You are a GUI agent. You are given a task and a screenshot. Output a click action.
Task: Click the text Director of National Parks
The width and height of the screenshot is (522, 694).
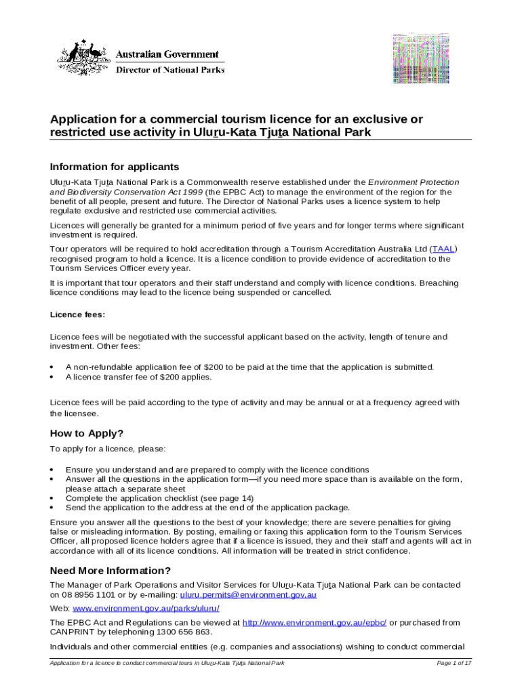pos(169,69)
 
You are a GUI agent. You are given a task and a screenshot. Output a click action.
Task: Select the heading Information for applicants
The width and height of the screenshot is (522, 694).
pos(115,167)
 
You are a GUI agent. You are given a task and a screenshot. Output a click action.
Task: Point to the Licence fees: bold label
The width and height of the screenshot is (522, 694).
pos(78,314)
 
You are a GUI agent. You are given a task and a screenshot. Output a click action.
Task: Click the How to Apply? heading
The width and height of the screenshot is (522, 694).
pos(87,434)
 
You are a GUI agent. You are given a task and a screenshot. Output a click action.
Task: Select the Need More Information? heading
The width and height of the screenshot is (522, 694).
pos(111,570)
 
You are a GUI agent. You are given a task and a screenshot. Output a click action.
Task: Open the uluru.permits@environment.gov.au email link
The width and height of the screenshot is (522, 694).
pos(247,594)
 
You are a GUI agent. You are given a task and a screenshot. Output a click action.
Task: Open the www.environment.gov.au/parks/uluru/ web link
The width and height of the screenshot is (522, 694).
pos(136,608)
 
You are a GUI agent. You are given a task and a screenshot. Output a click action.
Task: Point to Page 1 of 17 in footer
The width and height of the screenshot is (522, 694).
pos(454,663)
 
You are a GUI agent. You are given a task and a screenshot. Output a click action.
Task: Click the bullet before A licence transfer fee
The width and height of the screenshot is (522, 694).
pos(52,377)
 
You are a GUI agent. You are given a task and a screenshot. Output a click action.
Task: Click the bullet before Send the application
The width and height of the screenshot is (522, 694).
pos(52,507)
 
